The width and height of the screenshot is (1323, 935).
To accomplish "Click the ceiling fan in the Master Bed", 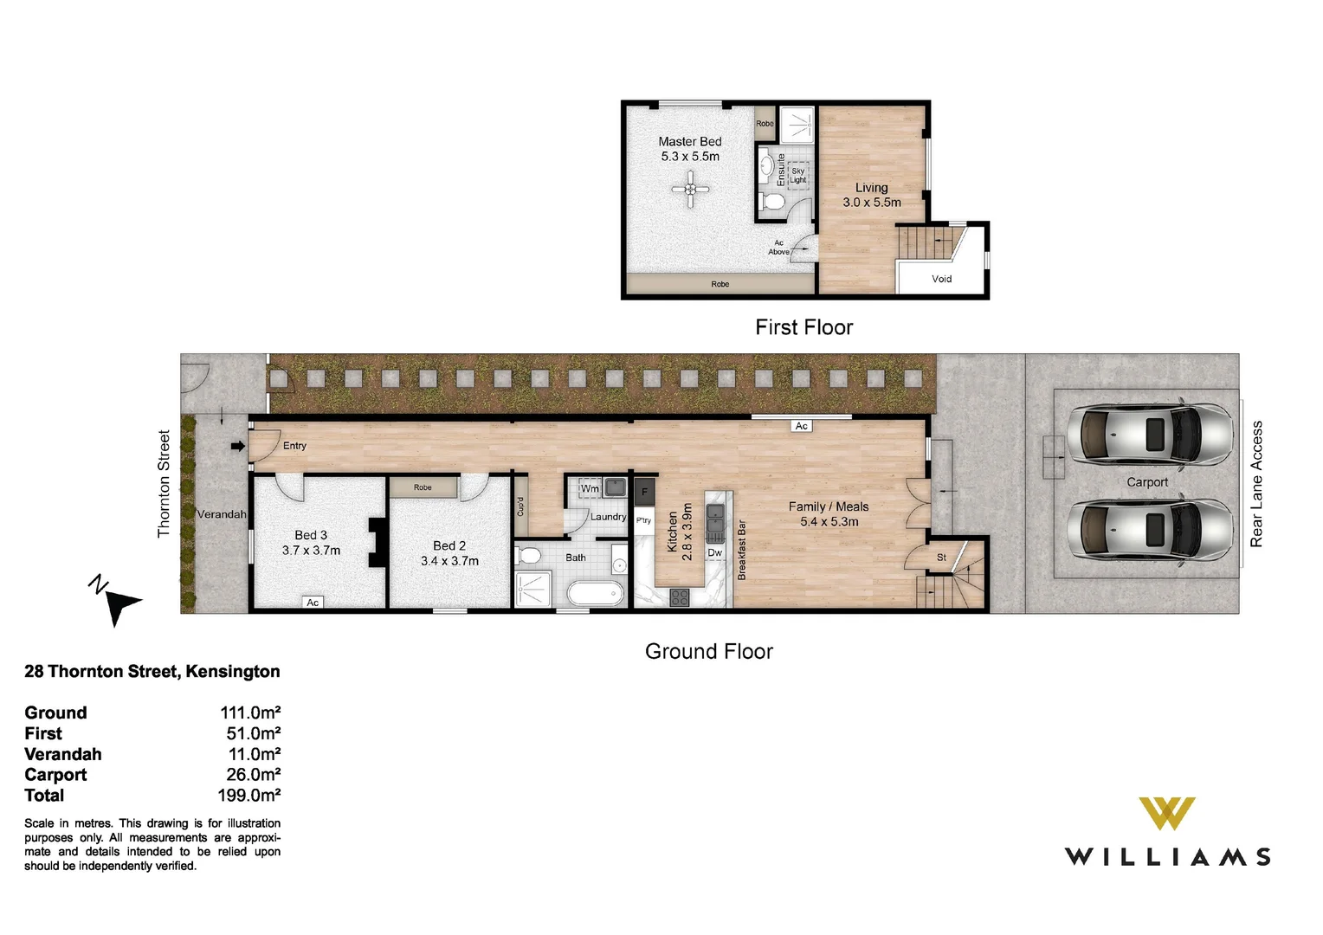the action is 690,189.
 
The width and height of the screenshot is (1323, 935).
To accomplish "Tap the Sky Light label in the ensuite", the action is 798,176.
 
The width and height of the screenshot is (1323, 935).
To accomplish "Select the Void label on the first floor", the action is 941,279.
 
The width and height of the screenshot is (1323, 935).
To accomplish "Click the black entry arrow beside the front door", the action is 237,446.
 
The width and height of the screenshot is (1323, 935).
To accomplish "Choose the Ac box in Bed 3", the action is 313,603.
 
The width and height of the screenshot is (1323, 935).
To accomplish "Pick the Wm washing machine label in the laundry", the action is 590,488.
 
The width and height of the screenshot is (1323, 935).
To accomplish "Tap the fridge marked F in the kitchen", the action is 644,492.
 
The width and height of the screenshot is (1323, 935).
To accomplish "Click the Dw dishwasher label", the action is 714,553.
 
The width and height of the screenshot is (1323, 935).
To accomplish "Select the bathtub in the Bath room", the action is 596,593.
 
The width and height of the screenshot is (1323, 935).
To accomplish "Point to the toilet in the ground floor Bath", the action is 527,556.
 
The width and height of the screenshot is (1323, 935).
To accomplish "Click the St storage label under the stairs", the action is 941,557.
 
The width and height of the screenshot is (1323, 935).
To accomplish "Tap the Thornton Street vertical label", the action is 164,484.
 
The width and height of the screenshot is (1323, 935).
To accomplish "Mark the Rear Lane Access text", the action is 1256,484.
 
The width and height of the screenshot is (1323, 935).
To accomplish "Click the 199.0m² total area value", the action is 249,795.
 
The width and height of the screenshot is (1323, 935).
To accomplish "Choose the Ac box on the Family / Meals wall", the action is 802,426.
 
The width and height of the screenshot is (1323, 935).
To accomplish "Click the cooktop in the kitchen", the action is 680,597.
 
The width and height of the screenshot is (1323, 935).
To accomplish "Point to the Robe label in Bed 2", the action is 423,487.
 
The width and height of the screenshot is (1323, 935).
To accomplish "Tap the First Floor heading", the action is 803,327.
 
